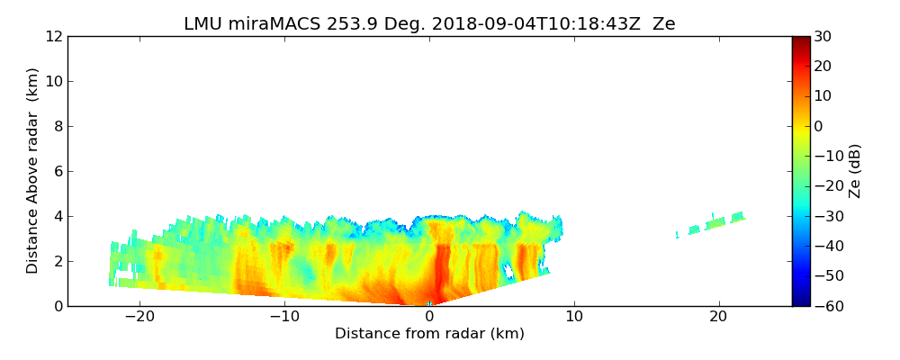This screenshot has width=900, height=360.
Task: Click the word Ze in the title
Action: tap(663, 24)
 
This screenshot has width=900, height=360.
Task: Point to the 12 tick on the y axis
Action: tap(52, 36)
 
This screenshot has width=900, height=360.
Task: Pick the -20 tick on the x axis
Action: tap(139, 317)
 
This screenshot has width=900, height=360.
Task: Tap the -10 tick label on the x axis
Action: tap(284, 317)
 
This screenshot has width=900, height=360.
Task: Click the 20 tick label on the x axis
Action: tap(718, 317)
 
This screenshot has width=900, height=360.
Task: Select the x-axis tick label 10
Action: tap(574, 317)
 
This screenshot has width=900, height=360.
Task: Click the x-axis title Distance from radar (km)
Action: tap(429, 334)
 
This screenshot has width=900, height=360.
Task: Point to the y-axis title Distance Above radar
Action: tap(33, 171)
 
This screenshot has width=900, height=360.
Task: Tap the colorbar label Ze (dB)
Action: tap(855, 171)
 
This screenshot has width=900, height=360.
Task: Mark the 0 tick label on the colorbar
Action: tap(819, 126)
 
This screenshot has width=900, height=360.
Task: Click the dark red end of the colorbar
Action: tap(800, 40)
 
